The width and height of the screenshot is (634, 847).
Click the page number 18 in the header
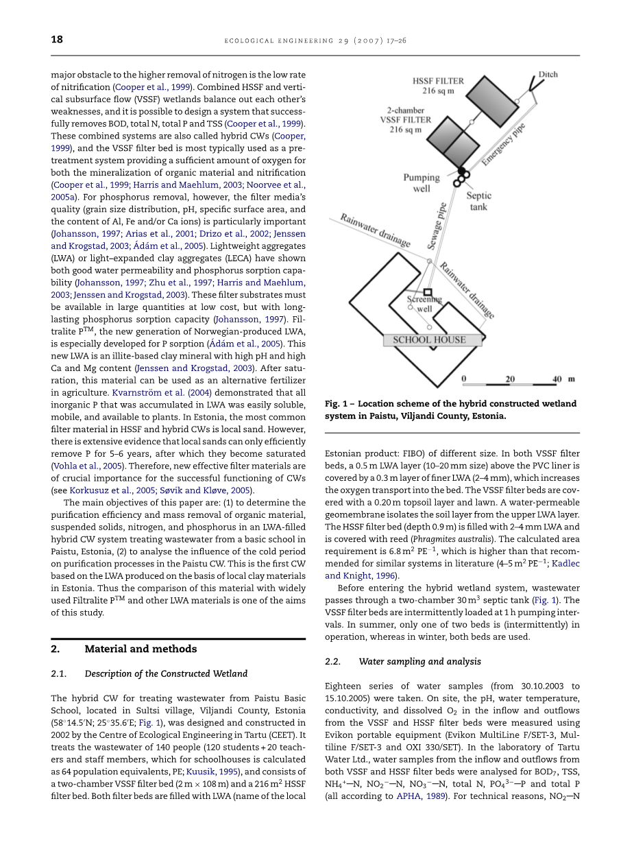click(x=57, y=39)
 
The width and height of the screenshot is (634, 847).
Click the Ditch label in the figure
click(x=548, y=75)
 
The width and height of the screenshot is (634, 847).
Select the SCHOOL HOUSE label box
click(x=429, y=339)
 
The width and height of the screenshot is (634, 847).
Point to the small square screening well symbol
click(x=428, y=292)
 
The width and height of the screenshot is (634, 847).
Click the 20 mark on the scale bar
click(x=510, y=379)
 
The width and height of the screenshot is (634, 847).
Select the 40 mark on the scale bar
click(x=557, y=379)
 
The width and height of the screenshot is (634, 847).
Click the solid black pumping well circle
click(x=462, y=170)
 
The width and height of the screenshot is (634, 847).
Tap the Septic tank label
click(x=478, y=201)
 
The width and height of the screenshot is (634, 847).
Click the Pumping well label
click(x=421, y=183)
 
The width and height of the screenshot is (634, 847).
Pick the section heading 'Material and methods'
click(x=141, y=649)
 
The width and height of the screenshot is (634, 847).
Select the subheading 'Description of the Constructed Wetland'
click(x=166, y=673)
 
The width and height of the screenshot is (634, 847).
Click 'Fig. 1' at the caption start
click(x=337, y=404)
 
